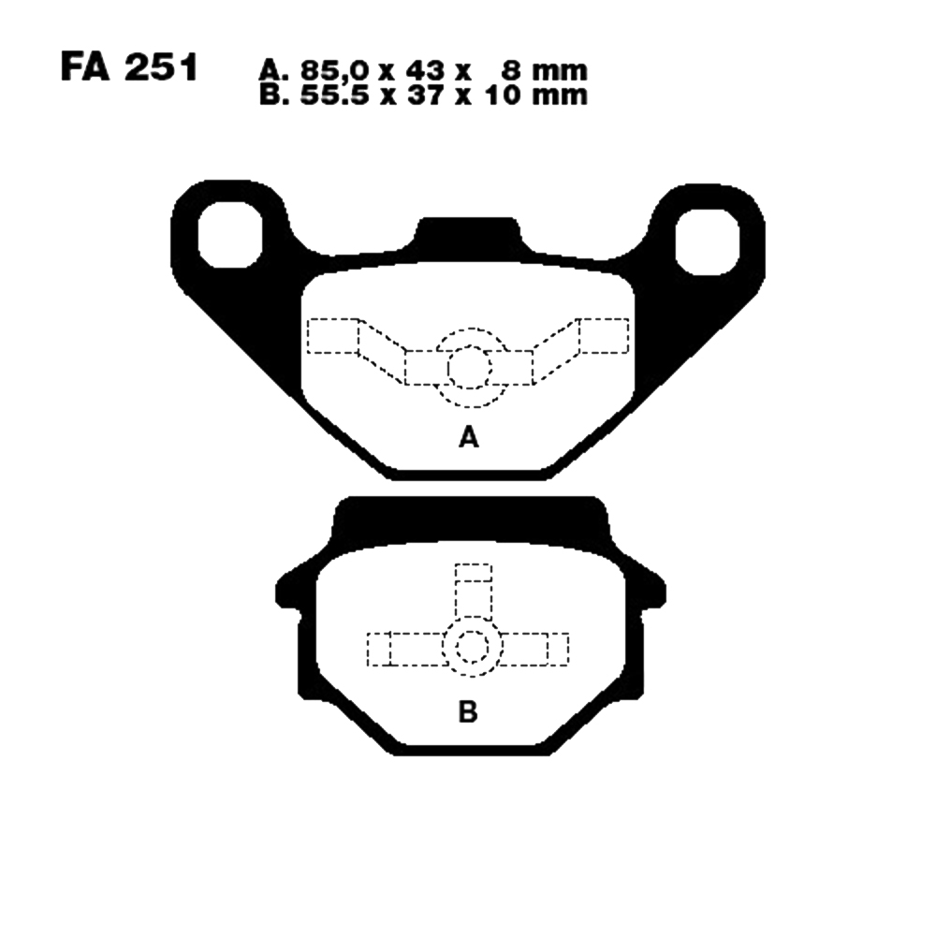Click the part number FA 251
[129, 68]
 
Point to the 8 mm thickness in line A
[544, 71]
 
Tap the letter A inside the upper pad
[469, 438]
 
